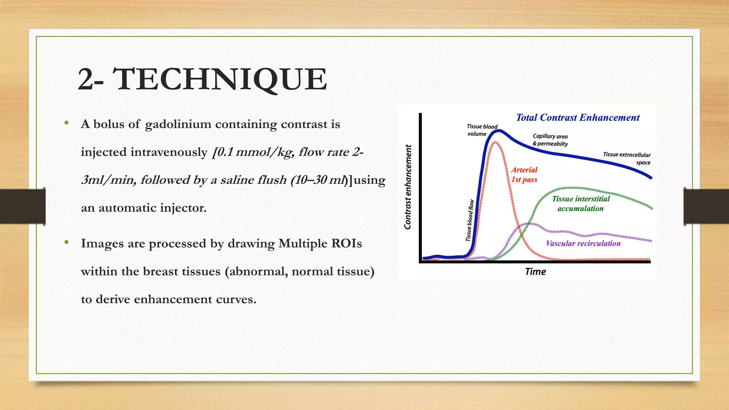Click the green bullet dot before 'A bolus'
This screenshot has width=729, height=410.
66,123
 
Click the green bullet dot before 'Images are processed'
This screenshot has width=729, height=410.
66,242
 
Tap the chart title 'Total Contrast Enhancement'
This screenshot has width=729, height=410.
577,118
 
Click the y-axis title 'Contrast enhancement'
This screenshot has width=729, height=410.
408,187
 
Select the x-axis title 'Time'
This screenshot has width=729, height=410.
535,272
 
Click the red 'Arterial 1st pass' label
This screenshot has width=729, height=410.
524,175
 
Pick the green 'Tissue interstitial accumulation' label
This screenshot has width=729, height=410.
581,204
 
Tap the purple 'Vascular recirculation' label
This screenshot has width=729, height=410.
583,243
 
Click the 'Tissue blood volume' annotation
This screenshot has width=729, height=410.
482,130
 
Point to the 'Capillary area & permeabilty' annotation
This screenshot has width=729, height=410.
550,140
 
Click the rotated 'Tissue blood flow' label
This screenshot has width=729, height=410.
470,220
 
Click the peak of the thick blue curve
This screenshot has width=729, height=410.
499,131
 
